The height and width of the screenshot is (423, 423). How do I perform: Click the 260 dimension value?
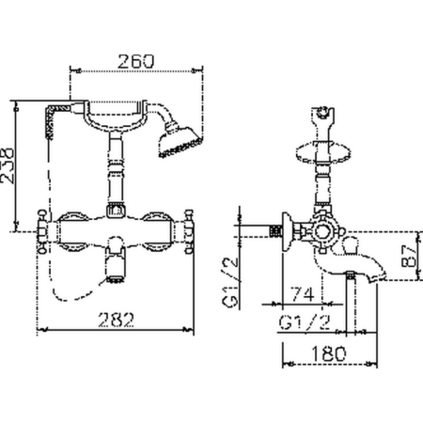[136, 61]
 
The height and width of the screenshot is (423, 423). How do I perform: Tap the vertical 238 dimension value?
[8, 165]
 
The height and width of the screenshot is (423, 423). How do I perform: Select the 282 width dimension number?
[117, 320]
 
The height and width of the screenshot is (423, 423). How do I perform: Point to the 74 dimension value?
[303, 294]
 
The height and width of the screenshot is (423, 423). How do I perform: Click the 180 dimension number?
[329, 353]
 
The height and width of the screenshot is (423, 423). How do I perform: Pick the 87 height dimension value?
[410, 256]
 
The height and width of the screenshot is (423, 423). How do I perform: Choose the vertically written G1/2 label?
[230, 282]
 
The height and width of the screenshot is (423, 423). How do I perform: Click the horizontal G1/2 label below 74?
[305, 321]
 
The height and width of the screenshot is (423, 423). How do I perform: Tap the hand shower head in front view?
[180, 142]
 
